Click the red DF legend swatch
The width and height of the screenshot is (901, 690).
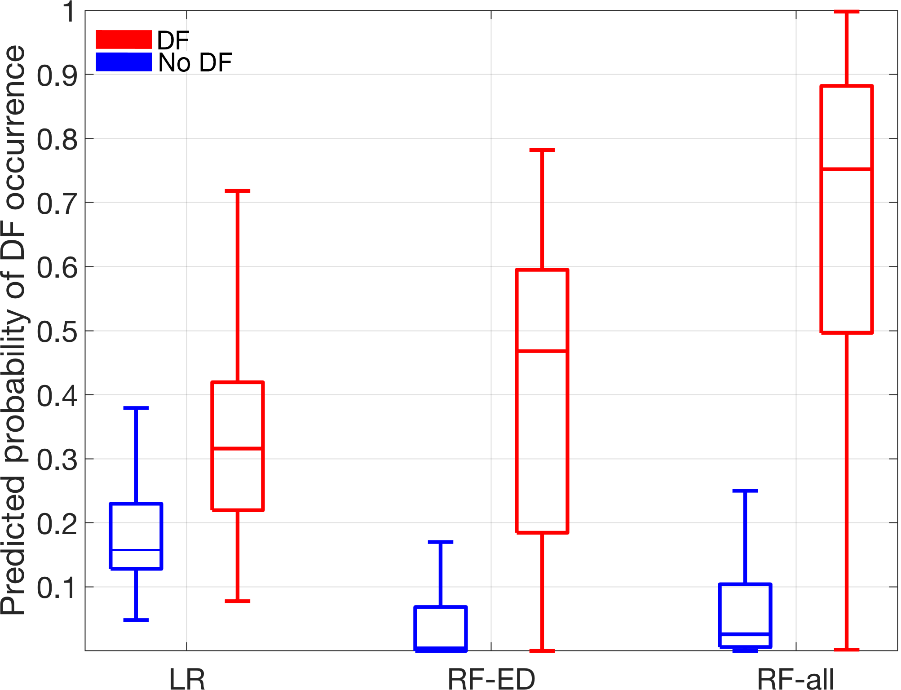pyautogui.click(x=124, y=40)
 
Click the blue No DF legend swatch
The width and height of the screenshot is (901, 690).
pyautogui.click(x=124, y=62)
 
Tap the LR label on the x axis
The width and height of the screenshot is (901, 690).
pyautogui.click(x=187, y=679)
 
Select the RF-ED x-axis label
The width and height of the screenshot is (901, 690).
pyautogui.click(x=491, y=679)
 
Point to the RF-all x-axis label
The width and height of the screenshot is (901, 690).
pyautogui.click(x=795, y=679)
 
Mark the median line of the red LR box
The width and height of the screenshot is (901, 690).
pyautogui.click(x=238, y=448)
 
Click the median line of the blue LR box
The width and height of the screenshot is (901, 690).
pyautogui.click(x=136, y=550)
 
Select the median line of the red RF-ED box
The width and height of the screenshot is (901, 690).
pyautogui.click(x=542, y=350)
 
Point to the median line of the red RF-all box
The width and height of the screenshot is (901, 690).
pyautogui.click(x=847, y=169)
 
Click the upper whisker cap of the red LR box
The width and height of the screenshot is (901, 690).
pyautogui.click(x=238, y=191)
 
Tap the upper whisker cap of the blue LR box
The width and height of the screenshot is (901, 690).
pyautogui.click(x=136, y=408)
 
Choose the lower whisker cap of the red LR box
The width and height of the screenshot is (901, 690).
pyautogui.click(x=238, y=601)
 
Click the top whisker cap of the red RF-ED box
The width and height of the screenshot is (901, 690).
pyautogui.click(x=542, y=150)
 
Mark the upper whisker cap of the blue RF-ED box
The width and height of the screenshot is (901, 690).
pyautogui.click(x=441, y=542)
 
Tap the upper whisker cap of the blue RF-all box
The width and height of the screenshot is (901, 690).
pyautogui.click(x=745, y=491)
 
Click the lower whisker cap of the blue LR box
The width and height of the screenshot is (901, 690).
pyautogui.click(x=136, y=620)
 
